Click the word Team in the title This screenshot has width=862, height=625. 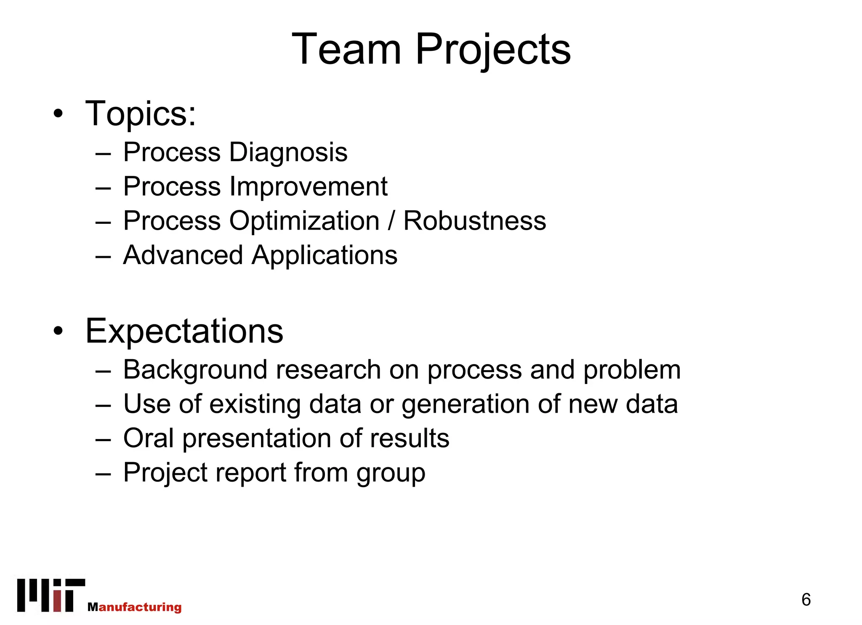click(346, 49)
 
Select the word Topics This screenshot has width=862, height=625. click(140, 114)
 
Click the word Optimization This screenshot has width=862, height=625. click(304, 221)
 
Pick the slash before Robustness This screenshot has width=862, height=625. click(391, 221)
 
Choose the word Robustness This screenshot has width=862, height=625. click(474, 221)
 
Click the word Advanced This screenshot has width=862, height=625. click(183, 255)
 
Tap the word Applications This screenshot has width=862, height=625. click(324, 256)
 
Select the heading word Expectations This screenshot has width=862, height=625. click(184, 331)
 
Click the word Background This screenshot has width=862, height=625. click(195, 370)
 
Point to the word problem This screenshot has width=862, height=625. click(632, 370)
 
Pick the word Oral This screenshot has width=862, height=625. click(148, 438)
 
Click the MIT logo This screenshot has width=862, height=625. click(51, 595)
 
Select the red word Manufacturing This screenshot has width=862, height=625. click(135, 607)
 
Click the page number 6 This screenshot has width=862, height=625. click(806, 600)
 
